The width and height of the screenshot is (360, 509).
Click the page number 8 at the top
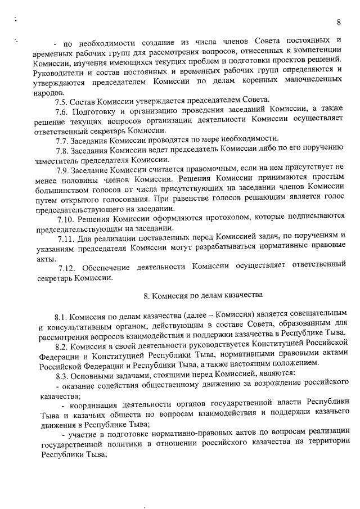coord(339,22)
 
